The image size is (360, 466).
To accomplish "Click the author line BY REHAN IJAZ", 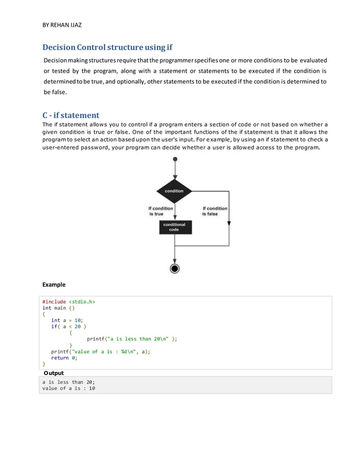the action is (x=62, y=25).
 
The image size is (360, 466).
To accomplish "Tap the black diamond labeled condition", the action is (x=174, y=191).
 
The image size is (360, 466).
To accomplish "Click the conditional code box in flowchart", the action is (x=174, y=227).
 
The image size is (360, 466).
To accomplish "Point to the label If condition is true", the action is (x=160, y=211).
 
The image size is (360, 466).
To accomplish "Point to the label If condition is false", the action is (x=214, y=211).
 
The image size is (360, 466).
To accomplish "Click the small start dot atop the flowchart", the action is (x=174, y=160).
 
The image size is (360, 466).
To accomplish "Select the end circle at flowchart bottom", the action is (x=174, y=268).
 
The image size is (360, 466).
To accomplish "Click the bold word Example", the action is (x=54, y=284).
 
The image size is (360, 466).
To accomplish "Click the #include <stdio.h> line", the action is (x=69, y=302).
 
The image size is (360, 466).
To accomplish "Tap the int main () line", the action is (x=59, y=309).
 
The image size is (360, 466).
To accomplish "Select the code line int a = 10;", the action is (x=67, y=320).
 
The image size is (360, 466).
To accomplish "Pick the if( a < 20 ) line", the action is (x=68, y=327).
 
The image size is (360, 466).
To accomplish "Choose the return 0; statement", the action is (x=64, y=358).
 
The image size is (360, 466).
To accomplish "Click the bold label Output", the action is (x=54, y=373).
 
